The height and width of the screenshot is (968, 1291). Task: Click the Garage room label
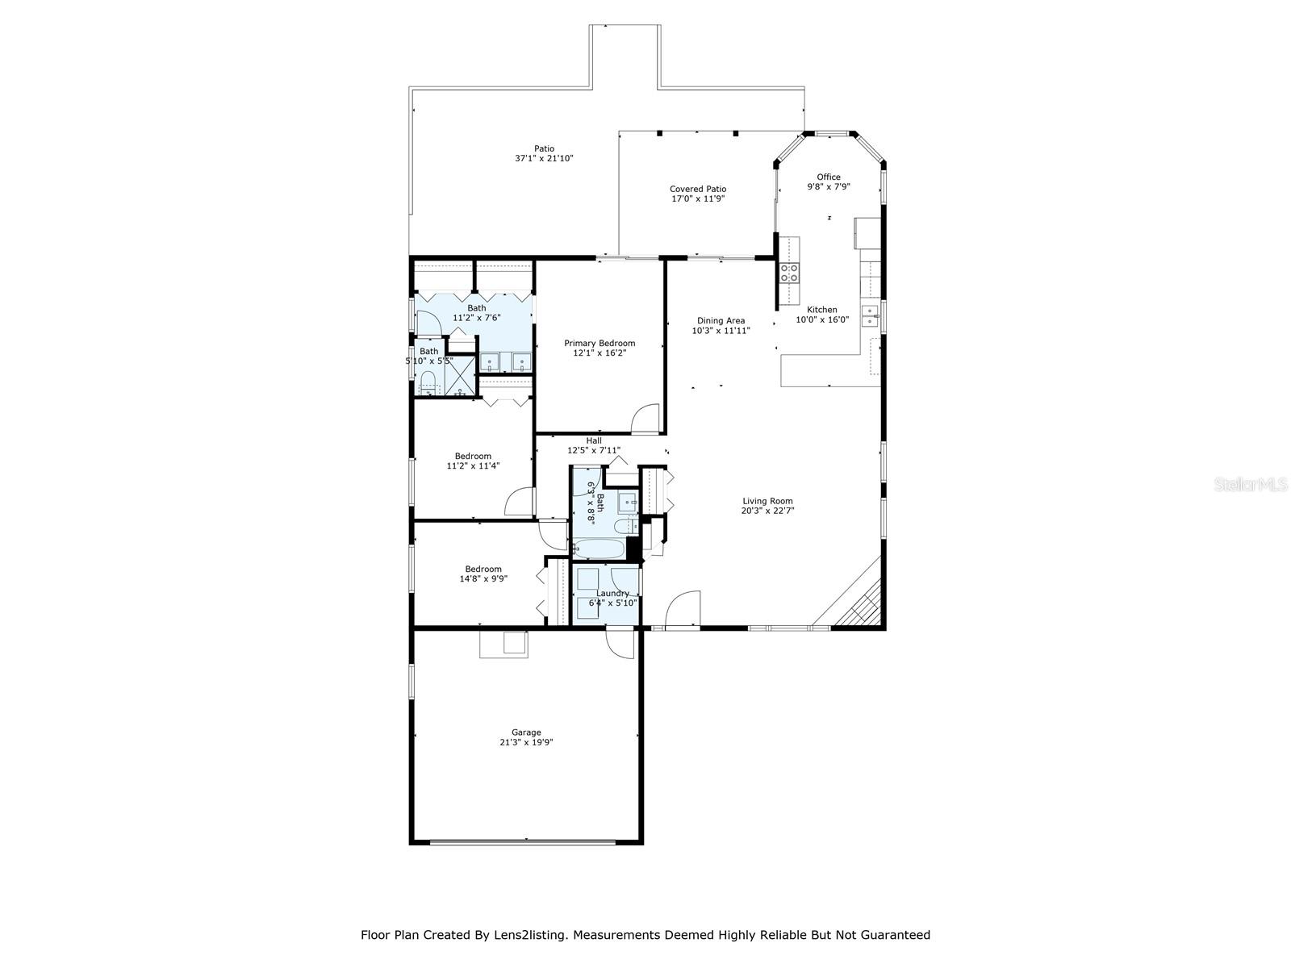tap(525, 732)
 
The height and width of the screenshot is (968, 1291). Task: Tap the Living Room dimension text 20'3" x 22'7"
tap(767, 511)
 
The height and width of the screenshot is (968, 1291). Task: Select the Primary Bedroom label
tap(599, 343)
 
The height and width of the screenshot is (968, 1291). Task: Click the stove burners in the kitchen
tap(789, 273)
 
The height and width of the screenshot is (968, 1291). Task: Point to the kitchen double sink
tap(869, 315)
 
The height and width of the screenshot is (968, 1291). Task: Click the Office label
tap(828, 177)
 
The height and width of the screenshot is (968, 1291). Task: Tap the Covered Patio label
tap(697, 189)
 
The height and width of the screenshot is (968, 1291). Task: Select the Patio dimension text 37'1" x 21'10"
tap(544, 159)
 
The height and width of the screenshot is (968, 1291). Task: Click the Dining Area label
tap(721, 320)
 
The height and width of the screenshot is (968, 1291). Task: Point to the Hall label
tap(594, 440)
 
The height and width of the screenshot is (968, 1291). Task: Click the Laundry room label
tap(612, 593)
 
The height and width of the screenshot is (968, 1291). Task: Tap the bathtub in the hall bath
tap(598, 549)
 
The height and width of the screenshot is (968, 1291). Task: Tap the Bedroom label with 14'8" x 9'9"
tap(483, 569)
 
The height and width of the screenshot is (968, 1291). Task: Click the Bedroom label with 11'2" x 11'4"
tap(473, 456)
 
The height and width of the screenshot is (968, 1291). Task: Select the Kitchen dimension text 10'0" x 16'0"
tap(822, 320)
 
